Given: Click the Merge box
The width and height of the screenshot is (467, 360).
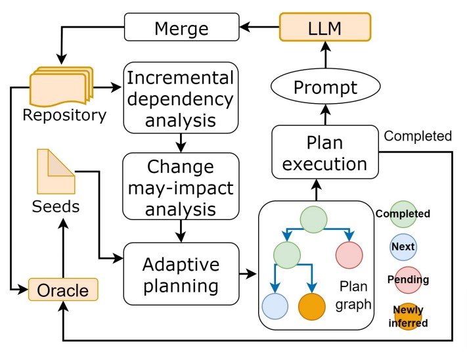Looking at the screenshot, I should click(x=181, y=28).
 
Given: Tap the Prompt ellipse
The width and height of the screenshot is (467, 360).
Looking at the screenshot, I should click(x=326, y=87).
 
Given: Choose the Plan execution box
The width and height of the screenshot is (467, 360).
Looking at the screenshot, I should click(x=326, y=153).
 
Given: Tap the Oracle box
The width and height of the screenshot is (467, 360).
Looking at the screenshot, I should click(x=63, y=289).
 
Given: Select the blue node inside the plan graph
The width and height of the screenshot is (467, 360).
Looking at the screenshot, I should click(x=275, y=307).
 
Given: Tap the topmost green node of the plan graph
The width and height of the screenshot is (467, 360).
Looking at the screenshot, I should click(x=314, y=219).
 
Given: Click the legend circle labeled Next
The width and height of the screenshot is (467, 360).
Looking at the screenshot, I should click(x=402, y=247).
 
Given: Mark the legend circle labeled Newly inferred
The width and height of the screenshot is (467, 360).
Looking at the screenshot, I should click(x=408, y=317).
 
